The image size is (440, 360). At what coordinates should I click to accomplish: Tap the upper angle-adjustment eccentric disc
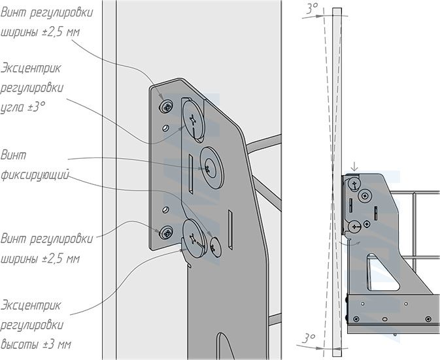tap(193, 118)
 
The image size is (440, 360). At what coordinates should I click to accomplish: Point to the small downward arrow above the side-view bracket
tap(353, 167)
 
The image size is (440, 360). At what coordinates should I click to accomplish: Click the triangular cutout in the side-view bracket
tap(379, 269)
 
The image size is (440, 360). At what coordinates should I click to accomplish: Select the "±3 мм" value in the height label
tap(65, 344)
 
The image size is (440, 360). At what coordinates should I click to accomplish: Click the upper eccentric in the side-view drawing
tap(354, 184)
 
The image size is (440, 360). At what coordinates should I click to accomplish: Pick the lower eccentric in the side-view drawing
tap(354, 226)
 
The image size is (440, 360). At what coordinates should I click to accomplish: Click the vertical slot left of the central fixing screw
tap(188, 172)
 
